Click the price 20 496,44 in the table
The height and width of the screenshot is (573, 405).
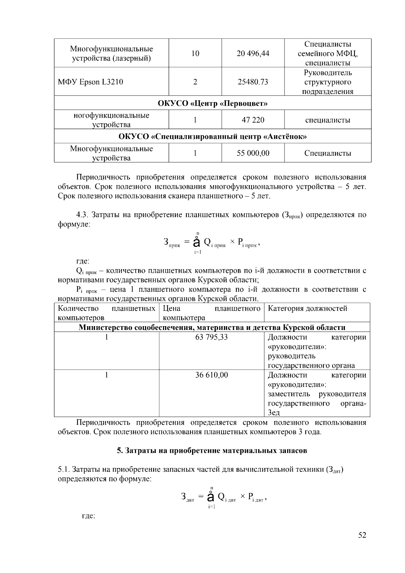click(253, 53)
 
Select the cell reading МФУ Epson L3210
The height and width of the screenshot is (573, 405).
click(90, 82)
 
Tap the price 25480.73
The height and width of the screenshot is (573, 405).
click(253, 82)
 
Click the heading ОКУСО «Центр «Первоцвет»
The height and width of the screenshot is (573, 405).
click(213, 103)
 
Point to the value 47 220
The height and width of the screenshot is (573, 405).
click(253, 120)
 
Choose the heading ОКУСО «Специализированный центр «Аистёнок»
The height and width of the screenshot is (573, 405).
click(213, 136)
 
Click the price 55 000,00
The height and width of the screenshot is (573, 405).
click(253, 153)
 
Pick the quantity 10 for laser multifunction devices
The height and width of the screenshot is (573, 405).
click(195, 53)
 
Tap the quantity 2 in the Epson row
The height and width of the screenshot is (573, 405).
click(195, 82)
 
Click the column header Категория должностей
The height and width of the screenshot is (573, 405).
click(307, 308)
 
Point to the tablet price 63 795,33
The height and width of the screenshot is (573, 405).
click(212, 337)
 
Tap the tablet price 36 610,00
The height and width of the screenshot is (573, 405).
click(212, 375)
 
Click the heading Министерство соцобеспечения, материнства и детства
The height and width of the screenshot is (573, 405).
click(212, 327)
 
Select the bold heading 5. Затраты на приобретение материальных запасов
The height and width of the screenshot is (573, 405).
click(212, 450)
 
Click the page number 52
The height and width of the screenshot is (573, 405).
click(362, 535)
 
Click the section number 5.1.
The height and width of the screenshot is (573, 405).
click(63, 469)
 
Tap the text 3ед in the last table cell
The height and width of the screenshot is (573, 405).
click(274, 413)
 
